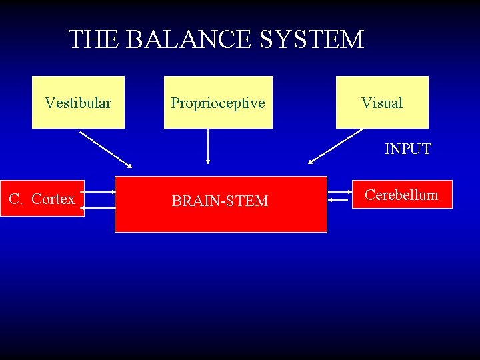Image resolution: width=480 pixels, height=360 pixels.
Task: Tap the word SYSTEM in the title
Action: click(312, 40)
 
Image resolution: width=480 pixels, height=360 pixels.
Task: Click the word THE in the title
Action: click(93, 40)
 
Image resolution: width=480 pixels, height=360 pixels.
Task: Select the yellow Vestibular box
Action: click(78, 102)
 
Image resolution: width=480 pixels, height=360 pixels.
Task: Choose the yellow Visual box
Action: click(382, 102)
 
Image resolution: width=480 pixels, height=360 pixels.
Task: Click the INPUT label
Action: click(407, 149)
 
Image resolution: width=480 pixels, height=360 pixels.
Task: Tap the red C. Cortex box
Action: click(42, 199)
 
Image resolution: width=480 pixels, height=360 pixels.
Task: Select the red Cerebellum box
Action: click(402, 195)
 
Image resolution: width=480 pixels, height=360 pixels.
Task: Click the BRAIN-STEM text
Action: click(220, 201)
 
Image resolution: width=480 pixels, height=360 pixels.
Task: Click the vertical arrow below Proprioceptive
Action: click(208, 146)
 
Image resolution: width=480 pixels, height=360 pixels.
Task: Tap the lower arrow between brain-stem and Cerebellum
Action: click(340, 198)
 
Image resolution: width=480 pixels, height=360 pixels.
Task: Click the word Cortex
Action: click(53, 199)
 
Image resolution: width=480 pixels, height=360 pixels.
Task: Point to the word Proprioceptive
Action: click(218, 103)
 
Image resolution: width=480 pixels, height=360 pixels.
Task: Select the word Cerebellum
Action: click(402, 195)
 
